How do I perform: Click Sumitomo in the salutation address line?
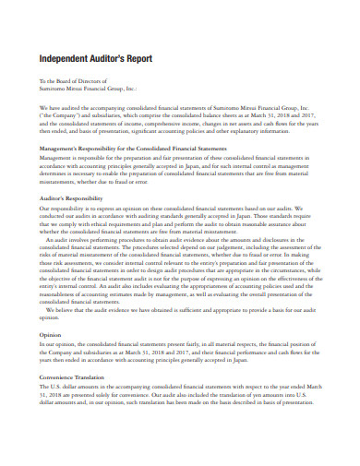click(54, 90)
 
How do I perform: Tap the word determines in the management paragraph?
click(56, 172)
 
